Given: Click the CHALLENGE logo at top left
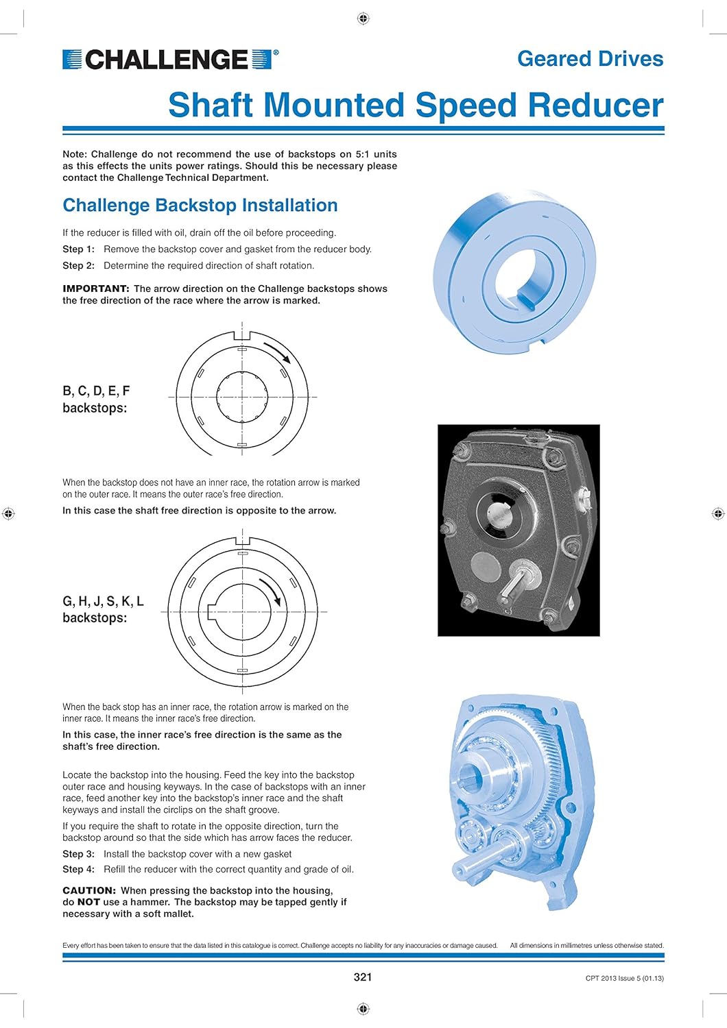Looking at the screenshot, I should point(170,60).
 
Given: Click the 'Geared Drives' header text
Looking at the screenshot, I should point(590,59).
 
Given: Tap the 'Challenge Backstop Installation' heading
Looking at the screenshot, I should point(200,206).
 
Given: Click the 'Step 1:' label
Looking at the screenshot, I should point(78,249).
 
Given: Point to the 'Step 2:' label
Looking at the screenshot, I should point(78,266).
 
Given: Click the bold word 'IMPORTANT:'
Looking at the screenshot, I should point(95,289).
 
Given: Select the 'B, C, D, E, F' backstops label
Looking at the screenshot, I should point(96,391).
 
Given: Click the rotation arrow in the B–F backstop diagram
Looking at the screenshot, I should point(277,352).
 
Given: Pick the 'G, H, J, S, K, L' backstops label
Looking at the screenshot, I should point(103,602).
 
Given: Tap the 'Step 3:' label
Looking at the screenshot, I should point(78,855).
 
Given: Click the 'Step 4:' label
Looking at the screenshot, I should point(78,870).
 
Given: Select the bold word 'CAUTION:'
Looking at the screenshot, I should point(89,891).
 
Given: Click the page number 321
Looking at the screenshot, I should point(363,977).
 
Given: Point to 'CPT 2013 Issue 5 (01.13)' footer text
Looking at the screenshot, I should point(624,979).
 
